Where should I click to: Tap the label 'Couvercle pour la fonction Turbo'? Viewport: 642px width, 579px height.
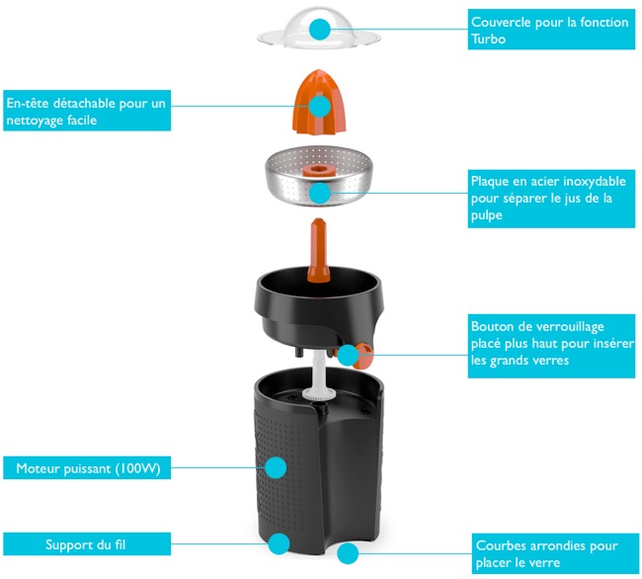(551, 29)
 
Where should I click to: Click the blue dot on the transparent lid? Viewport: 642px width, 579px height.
(318, 30)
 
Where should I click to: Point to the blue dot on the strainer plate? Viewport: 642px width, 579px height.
(318, 193)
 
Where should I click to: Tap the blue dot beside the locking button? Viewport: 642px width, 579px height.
(347, 354)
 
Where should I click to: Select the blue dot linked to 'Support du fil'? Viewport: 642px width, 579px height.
(280, 543)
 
